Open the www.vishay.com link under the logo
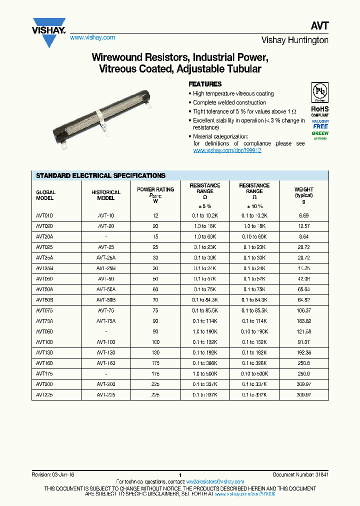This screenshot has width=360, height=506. (92, 37)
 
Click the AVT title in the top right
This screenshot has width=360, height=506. (320, 26)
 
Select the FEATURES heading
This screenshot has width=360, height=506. (205, 84)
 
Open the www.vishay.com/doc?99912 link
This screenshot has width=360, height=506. (227, 150)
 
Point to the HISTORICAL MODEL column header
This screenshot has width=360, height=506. (105, 195)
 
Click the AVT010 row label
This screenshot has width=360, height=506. (45, 215)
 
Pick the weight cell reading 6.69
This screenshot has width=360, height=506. (303, 215)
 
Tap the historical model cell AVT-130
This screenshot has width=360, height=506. (105, 352)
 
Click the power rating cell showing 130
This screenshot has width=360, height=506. (155, 352)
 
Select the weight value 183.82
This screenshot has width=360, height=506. (303, 321)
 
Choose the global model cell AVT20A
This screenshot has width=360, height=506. (45, 236)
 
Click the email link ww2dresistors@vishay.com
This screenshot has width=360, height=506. (215, 482)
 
